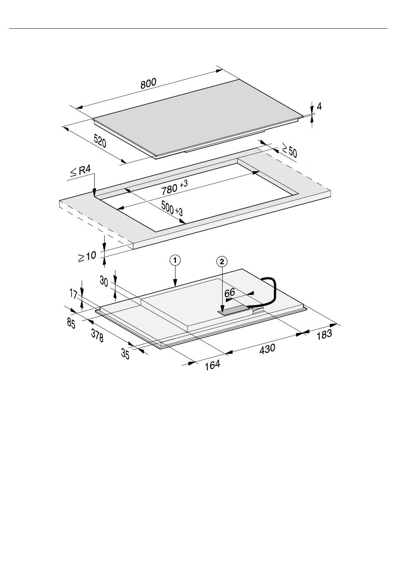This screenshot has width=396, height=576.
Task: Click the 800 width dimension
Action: pyautogui.click(x=148, y=84)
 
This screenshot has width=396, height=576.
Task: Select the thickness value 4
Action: pyautogui.click(x=319, y=107)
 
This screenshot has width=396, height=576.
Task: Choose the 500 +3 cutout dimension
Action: pyautogui.click(x=172, y=208)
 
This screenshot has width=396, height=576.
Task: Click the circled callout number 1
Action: pyautogui.click(x=175, y=260)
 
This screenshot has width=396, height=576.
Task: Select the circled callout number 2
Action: pyautogui.click(x=222, y=262)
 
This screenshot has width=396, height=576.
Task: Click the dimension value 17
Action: pyautogui.click(x=73, y=294)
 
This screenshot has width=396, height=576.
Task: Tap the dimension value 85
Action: pyautogui.click(x=71, y=323)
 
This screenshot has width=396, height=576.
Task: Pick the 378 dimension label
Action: pyautogui.click(x=97, y=336)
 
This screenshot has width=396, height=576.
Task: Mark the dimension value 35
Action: pyautogui.click(x=125, y=354)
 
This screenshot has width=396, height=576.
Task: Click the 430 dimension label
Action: pyautogui.click(x=267, y=348)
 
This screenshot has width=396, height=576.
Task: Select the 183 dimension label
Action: pyautogui.click(x=324, y=334)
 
